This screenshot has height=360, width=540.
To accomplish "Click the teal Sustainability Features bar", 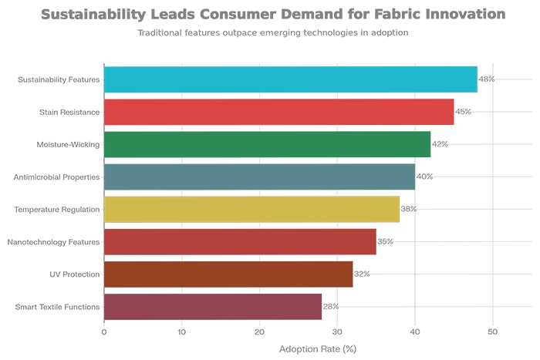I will (290, 79).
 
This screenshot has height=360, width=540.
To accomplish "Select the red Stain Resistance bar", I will (278, 112).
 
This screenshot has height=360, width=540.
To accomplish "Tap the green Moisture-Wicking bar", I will (267, 144).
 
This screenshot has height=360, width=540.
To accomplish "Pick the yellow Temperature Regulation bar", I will (251, 209).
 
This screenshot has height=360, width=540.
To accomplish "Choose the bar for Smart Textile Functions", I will (212, 307).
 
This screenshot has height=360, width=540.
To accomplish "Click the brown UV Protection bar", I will (228, 274).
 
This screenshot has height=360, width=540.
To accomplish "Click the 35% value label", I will (385, 242).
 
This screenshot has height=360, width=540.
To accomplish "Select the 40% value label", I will (424, 177).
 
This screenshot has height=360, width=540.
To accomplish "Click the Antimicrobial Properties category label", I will (56, 177).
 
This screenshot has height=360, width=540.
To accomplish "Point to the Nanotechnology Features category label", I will (53, 242).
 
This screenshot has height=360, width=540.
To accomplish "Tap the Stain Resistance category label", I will (69, 113).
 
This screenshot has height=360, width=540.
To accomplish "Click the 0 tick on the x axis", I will (104, 332).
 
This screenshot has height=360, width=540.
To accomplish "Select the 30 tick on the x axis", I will (337, 332).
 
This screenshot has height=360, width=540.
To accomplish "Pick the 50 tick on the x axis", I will (493, 332).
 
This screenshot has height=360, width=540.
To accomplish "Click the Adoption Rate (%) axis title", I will (317, 349).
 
